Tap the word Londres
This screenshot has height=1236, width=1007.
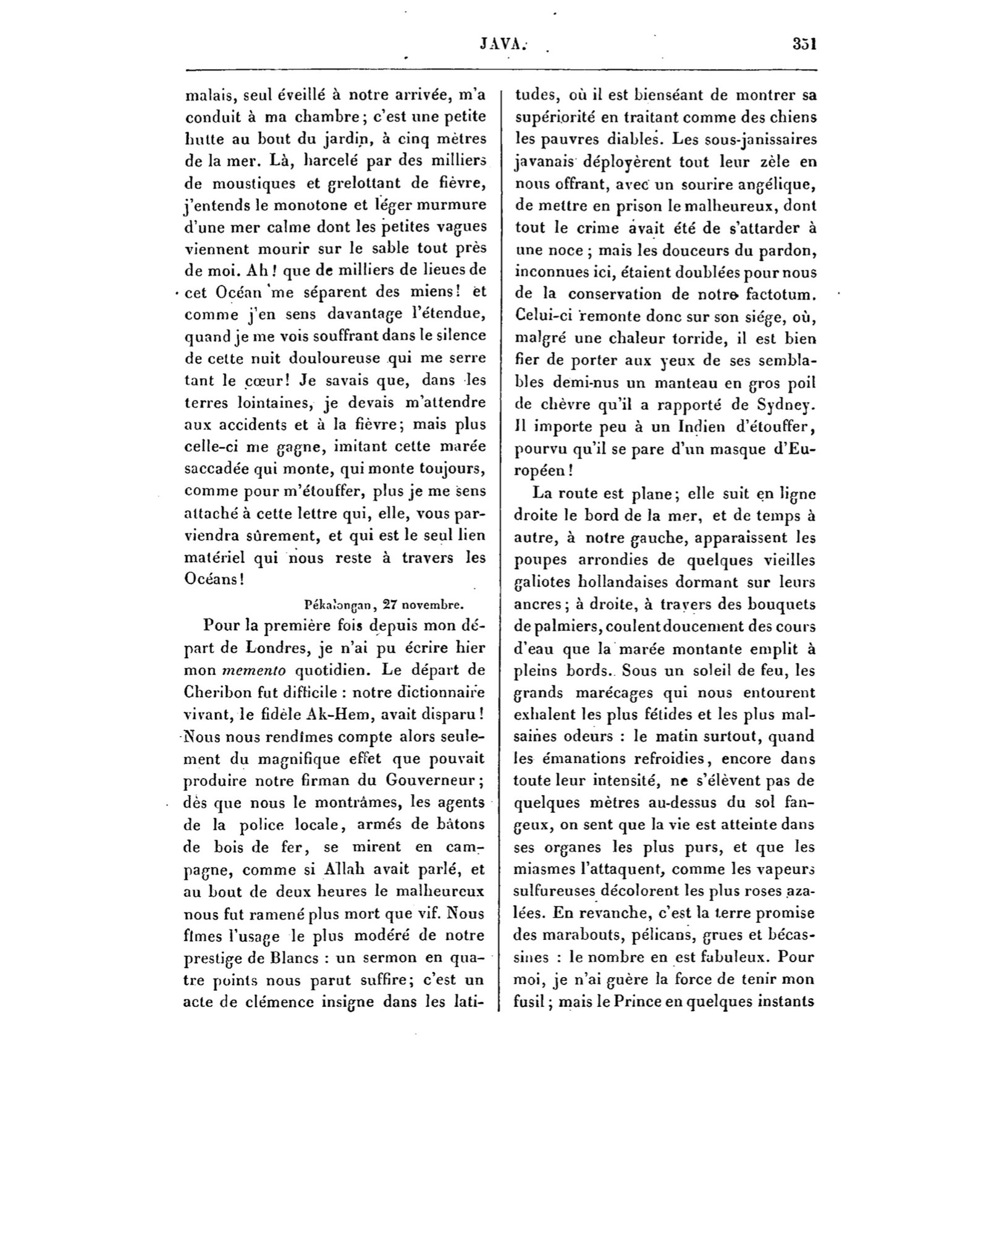277,648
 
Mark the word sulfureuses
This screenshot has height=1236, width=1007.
554,891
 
